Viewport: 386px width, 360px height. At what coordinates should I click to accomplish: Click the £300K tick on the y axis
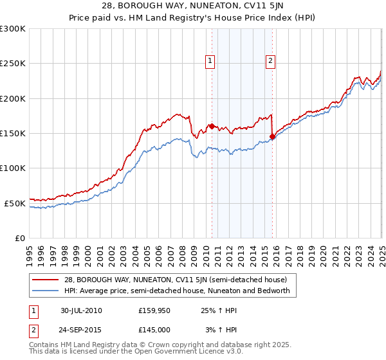(13, 29)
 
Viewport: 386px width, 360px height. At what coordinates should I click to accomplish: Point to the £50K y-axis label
(15, 203)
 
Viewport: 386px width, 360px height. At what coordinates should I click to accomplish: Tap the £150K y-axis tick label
(13, 134)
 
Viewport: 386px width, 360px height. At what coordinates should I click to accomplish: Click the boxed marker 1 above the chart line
(210, 61)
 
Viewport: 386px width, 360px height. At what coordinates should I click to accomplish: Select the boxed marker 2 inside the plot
(271, 61)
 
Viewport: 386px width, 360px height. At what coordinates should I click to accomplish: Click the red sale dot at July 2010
(212, 126)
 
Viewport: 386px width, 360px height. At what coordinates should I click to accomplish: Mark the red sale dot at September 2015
(272, 136)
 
